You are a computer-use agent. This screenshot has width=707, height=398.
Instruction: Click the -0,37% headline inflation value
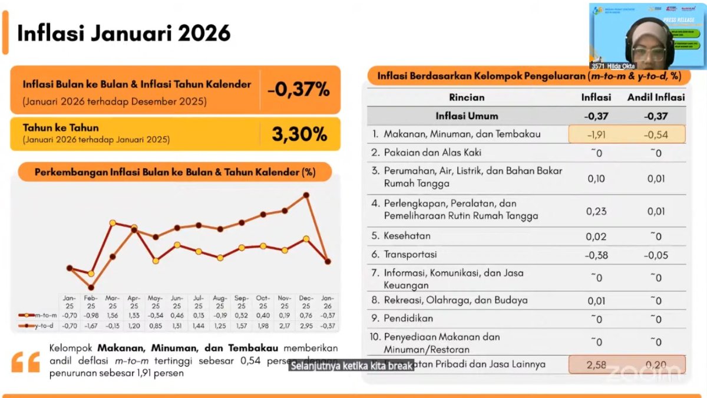298,90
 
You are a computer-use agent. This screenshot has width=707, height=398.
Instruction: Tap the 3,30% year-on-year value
299,134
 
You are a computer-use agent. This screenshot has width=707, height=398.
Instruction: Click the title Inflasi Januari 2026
124,33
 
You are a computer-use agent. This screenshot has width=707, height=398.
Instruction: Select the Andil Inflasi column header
656,97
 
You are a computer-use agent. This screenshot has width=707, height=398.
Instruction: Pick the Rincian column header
467,97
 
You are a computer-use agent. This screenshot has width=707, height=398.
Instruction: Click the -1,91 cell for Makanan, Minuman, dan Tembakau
597,134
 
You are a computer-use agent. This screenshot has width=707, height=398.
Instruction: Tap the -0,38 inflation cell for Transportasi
596,255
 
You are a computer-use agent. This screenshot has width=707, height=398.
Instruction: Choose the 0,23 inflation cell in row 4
596,211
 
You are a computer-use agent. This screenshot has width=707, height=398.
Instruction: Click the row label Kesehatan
407,236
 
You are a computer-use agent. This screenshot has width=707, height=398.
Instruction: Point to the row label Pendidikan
408,318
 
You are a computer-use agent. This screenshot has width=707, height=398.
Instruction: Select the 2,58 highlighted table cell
596,365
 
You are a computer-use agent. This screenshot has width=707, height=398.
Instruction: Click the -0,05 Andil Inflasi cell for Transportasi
656,255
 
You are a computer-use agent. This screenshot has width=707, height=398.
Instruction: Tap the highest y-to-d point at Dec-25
306,195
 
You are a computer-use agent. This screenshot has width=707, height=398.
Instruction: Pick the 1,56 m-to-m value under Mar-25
113,315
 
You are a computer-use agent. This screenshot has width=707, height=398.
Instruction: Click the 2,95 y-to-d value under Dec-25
306,325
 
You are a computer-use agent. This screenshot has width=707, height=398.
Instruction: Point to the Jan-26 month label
328,302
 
